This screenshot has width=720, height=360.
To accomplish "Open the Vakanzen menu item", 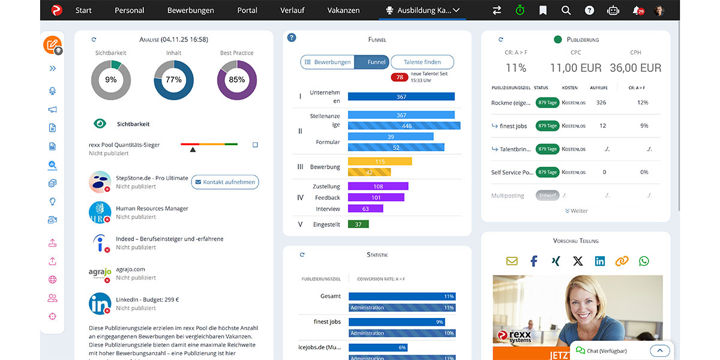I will pos(343,10).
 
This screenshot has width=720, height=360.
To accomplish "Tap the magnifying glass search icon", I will pos(566,10).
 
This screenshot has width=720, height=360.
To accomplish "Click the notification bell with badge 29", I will pos(637,10).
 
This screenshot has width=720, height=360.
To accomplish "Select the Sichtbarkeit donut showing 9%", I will pos(111,80).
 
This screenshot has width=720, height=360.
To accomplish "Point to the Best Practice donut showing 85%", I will pos(237,80).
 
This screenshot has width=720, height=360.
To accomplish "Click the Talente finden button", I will pos(422,62).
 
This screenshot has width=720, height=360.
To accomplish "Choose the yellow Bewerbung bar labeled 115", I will pos(380,161).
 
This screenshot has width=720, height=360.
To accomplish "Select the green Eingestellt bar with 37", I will pos(358,224).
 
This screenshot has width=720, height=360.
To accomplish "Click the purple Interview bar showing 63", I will pos(365,209).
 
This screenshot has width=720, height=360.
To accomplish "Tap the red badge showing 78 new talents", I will pos(399,77).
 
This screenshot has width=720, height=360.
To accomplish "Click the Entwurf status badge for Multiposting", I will pos(547,196).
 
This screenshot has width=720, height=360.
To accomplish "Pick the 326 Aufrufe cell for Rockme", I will pos(601,103).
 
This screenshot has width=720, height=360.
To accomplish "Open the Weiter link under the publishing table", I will pos(576,211).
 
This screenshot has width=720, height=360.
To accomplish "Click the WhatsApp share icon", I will pos(644,261).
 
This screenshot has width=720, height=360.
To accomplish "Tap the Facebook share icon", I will pos(533,261).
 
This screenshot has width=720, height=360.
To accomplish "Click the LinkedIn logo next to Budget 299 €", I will pos(100,304).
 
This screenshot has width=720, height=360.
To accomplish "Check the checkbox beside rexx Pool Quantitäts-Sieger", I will pos(255,145).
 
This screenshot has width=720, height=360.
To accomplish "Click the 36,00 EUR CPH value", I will pos(635,68).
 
